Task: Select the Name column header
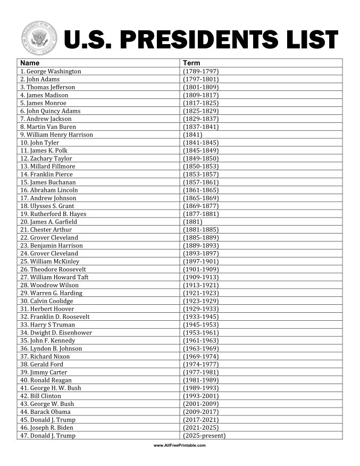click(30, 63)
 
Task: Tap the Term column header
click(191, 63)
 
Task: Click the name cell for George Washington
click(51, 71)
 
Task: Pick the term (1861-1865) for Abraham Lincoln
click(200, 190)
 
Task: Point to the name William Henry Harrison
click(56, 135)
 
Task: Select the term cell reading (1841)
click(192, 135)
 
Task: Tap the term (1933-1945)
click(200, 317)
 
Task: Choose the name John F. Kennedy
click(47, 340)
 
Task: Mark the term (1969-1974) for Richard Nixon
click(200, 356)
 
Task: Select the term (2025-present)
click(204, 436)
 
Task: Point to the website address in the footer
click(179, 445)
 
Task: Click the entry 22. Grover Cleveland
click(49, 237)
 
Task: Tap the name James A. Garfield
click(48, 222)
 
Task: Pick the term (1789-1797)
click(200, 71)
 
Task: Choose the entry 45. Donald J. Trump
click(47, 420)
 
